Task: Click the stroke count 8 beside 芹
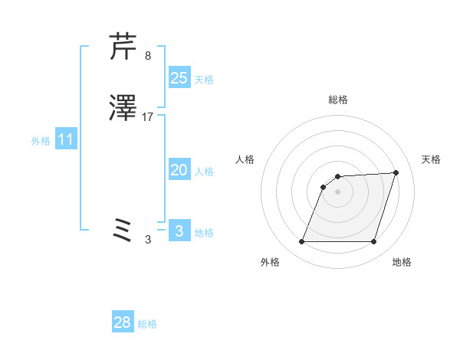coord(147,55)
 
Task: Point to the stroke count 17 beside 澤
coord(148,118)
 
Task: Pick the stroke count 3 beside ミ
coord(147,239)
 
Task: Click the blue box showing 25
coord(179,77)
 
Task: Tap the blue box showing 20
coord(179,170)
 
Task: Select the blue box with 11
coord(66,140)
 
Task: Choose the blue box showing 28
coord(123,322)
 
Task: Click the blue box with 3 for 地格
coord(179,231)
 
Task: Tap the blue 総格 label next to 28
coord(147,324)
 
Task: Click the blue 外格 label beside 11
coord(41,141)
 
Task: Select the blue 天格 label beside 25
coord(204,79)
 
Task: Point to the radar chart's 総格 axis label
coord(338,100)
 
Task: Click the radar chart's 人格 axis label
coord(245,159)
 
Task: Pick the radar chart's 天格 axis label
coord(431,159)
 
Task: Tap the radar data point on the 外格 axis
coord(301,242)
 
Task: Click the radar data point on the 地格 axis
coord(373,242)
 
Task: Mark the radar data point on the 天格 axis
coord(396,172)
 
